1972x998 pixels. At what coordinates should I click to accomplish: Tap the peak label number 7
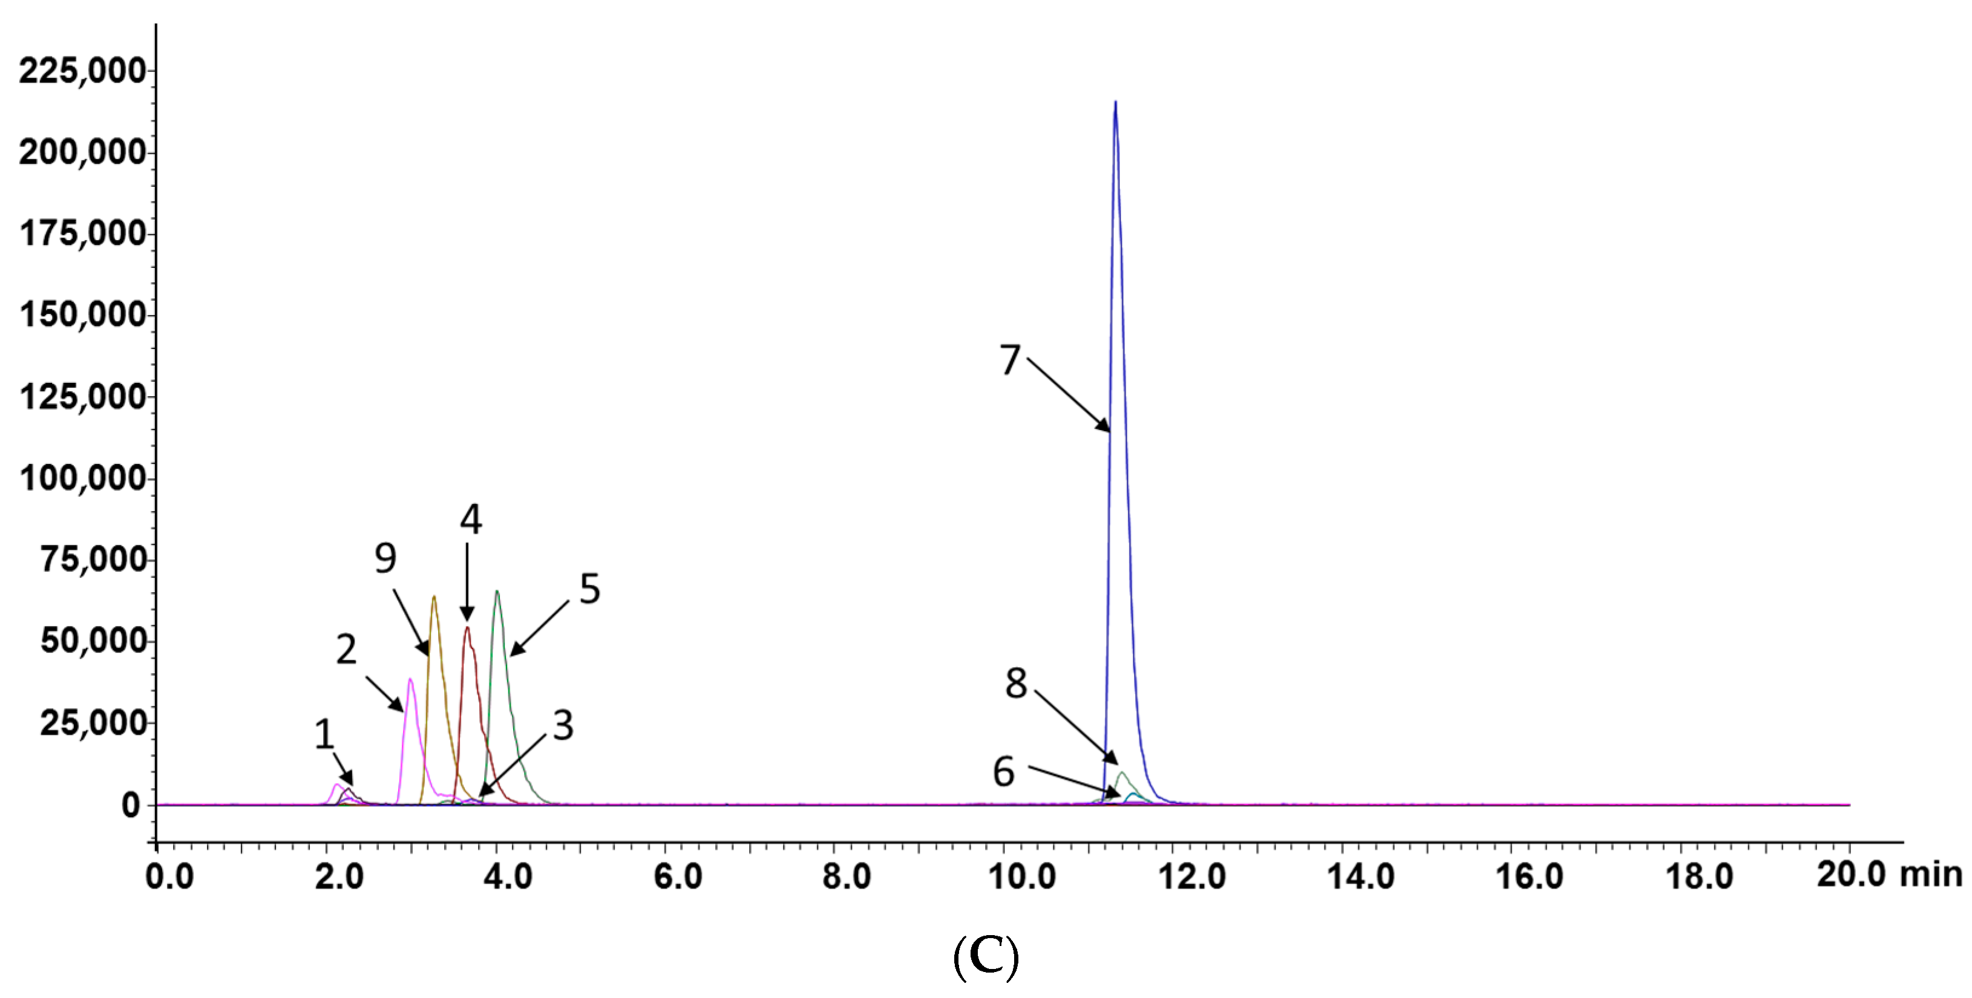point(1010,360)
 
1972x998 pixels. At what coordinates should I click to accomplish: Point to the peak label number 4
point(471,520)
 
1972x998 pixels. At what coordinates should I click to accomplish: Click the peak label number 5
point(589,589)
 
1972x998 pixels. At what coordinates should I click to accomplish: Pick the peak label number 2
point(346,649)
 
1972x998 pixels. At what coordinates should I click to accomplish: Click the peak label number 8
point(1016,683)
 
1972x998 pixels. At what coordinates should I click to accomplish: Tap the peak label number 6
point(1004,771)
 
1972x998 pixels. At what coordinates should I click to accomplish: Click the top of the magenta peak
point(410,680)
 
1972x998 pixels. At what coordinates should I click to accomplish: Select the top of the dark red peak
point(467,628)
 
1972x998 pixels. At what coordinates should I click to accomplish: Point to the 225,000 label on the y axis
point(82,71)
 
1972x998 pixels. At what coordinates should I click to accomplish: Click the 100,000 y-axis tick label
point(82,478)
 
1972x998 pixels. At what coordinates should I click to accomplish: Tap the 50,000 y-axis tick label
point(93,641)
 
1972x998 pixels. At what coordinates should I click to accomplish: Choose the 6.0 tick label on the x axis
point(678,876)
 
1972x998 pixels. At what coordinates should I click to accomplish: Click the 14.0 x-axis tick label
point(1360,876)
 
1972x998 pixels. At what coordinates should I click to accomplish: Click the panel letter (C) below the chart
point(986,957)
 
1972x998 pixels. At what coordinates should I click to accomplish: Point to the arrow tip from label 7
point(1109,431)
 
